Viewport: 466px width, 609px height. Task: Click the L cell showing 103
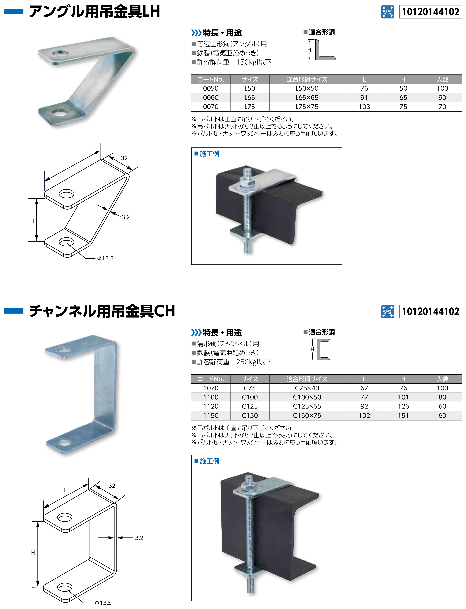(364, 107)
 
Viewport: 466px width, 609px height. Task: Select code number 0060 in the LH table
(211, 97)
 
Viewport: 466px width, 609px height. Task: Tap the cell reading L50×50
(307, 88)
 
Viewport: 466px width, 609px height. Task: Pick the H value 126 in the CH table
(403, 406)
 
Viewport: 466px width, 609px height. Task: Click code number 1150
(211, 415)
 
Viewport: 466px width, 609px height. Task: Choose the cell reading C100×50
(307, 397)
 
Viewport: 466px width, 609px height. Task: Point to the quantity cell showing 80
(442, 397)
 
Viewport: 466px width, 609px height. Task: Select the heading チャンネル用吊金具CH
(102, 311)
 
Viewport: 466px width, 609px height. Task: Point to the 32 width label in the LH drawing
(124, 158)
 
